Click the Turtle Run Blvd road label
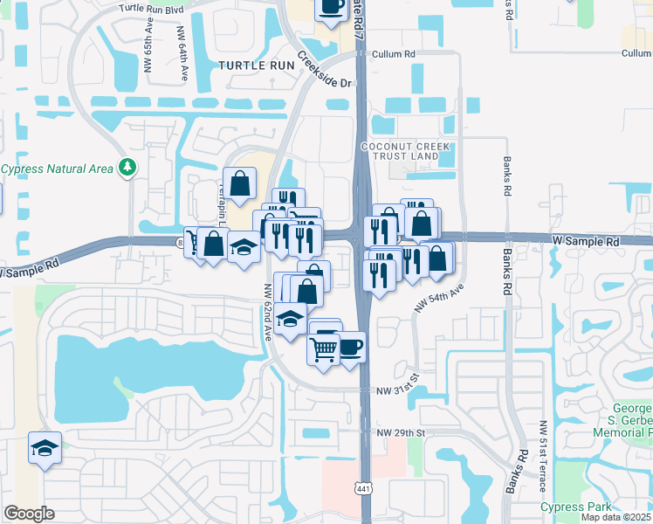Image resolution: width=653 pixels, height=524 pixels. (153, 7)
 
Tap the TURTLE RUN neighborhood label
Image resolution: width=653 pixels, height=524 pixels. (257, 65)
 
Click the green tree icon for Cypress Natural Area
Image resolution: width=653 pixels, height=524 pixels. (128, 165)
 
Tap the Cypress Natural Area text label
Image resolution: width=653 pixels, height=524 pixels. (58, 169)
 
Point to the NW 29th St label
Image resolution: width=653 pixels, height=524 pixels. (401, 433)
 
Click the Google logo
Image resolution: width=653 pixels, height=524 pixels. (29, 514)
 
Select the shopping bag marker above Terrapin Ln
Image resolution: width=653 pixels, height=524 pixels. (239, 183)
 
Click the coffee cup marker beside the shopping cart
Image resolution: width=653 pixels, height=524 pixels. (349, 348)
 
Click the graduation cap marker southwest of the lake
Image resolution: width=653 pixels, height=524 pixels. (45, 448)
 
